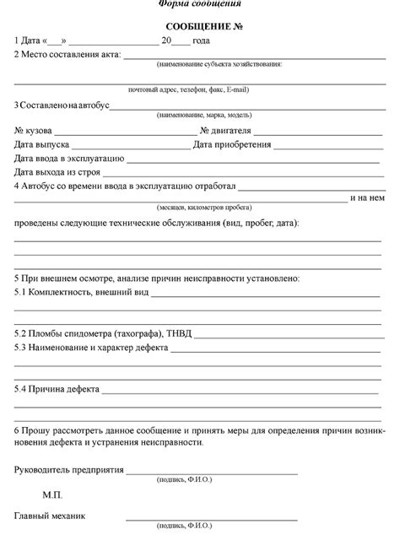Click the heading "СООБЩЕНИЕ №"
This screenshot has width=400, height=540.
point(199,27)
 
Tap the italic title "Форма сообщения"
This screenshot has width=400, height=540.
point(199,4)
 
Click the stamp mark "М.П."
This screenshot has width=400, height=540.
point(53,493)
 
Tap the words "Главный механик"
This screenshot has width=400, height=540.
point(50,515)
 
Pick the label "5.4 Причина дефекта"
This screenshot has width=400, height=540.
point(57,390)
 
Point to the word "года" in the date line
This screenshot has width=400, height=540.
point(202,40)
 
